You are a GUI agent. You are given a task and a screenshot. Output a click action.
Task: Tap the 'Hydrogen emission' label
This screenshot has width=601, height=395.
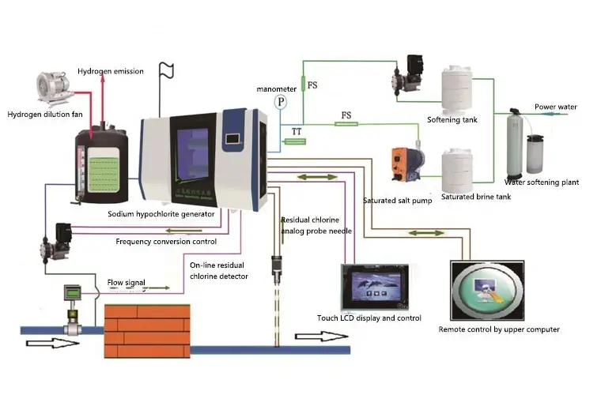[111, 72]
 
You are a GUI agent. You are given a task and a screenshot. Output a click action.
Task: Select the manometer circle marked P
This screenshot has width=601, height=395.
[280, 102]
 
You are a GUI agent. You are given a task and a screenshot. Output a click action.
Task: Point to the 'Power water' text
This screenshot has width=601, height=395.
[555, 107]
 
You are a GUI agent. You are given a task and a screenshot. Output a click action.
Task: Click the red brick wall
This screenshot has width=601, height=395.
[149, 323]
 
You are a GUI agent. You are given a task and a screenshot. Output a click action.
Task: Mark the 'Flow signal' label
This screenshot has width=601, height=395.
[126, 280]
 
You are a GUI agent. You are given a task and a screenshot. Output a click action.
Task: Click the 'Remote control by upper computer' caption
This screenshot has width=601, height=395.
[499, 329]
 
